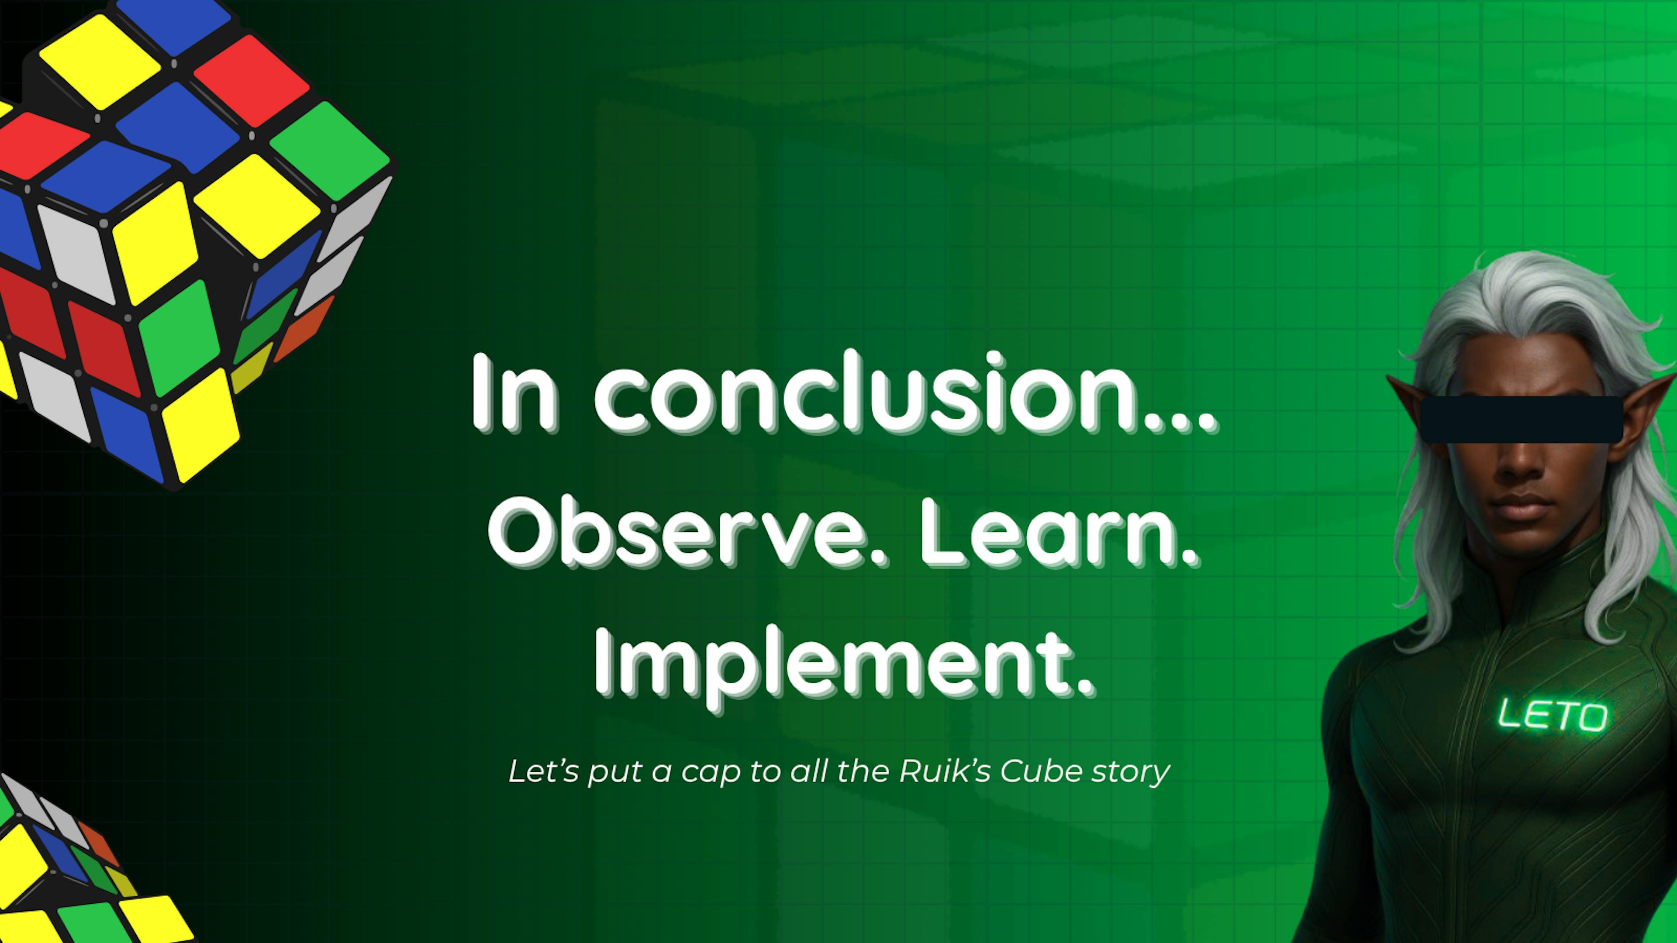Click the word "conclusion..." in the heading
click(904, 393)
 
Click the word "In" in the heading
click(514, 393)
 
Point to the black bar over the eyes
click(1522, 419)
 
